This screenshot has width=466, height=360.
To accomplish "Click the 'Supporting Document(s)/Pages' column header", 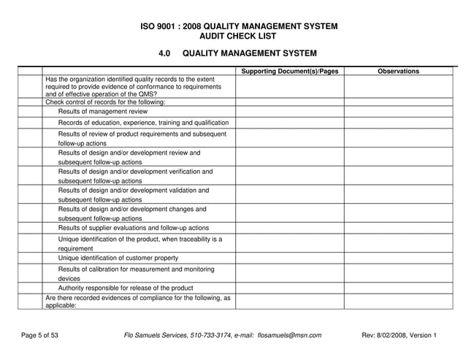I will (289, 71).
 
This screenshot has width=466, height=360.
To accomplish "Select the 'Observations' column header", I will (398, 71).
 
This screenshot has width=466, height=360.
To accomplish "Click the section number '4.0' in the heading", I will (164, 53).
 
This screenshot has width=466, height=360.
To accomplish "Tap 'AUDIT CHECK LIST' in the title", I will (238, 36).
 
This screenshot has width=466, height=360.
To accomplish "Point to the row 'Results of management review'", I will (103, 112).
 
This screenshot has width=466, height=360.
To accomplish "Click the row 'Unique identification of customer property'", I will (118, 258).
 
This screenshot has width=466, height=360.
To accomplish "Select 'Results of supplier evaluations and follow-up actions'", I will (134, 228).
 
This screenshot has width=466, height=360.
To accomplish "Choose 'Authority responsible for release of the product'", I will (126, 288).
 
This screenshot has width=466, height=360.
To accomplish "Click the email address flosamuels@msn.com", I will (289, 335).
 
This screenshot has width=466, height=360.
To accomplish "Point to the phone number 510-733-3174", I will (207, 335).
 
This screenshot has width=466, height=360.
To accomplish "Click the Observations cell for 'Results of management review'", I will (398, 112).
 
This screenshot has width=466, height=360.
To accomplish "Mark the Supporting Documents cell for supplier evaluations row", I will (289, 228).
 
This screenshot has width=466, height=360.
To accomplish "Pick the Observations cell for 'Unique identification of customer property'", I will (398, 258).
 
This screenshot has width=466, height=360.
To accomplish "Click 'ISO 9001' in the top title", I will (159, 26).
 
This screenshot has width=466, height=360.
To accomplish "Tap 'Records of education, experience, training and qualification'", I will (144, 123).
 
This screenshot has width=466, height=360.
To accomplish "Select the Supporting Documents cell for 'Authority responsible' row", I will (289, 288).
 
